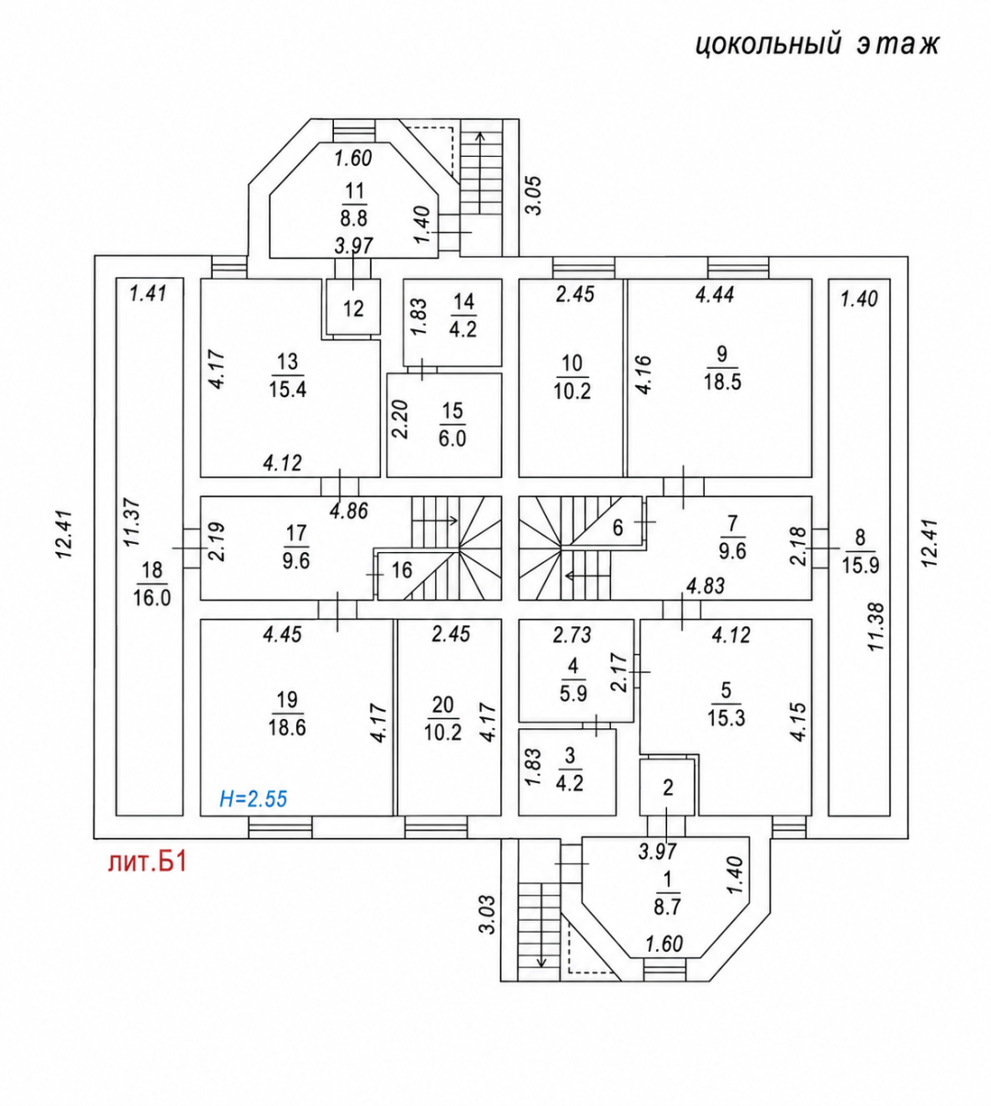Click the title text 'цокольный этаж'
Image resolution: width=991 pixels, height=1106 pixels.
[818, 45]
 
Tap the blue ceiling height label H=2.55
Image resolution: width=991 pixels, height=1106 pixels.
[253, 799]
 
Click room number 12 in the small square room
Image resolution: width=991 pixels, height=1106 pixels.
[353, 309]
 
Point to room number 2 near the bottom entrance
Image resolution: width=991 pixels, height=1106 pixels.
[668, 788]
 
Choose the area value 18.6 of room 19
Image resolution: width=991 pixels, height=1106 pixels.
[287, 727]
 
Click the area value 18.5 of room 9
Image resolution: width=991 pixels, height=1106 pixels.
[722, 382]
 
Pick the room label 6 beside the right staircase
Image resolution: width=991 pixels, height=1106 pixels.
[618, 527]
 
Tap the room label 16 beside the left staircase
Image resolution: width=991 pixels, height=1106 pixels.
[402, 570]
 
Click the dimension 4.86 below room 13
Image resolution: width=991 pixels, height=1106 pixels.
[349, 511]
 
